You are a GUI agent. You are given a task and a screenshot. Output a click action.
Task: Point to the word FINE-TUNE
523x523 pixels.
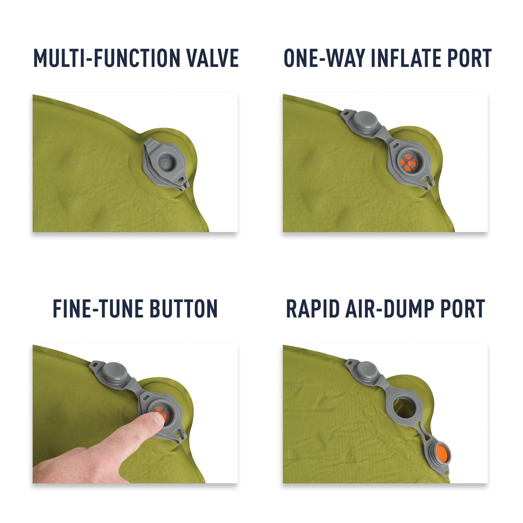pos(94,309)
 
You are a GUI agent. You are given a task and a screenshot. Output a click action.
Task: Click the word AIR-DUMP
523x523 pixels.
pos(387,309)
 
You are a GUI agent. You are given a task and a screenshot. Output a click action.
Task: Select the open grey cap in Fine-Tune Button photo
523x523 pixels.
pos(114,371)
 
